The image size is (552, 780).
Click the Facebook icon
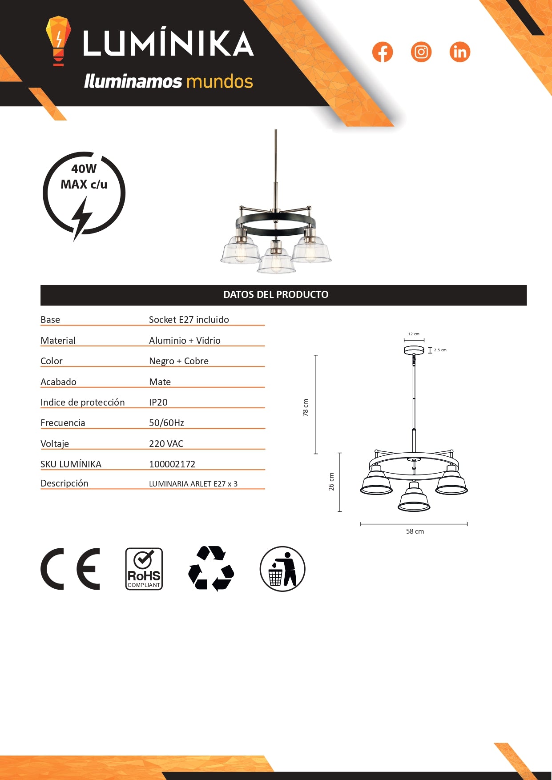pyautogui.click(x=383, y=52)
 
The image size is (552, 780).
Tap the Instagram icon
pyautogui.click(x=421, y=52)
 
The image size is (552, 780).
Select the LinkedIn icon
pyautogui.click(x=459, y=52)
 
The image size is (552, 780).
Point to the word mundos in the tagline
pyautogui.click(x=220, y=82)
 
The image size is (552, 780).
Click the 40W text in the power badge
pyautogui.click(x=84, y=169)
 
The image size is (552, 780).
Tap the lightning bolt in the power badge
pyautogui.click(x=82, y=218)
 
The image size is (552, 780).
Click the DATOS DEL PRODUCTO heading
pyautogui.click(x=276, y=295)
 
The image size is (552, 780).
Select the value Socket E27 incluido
pyautogui.click(x=189, y=320)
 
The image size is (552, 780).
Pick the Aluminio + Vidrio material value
pyautogui.click(x=185, y=341)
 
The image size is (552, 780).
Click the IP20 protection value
pyautogui.click(x=158, y=402)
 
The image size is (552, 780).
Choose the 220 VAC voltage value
pyautogui.click(x=166, y=444)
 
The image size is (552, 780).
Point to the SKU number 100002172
pyautogui.click(x=172, y=464)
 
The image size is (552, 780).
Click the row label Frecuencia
pyautogui.click(x=63, y=423)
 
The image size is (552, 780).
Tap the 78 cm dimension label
pyautogui.click(x=306, y=407)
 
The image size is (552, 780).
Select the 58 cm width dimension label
pyautogui.click(x=415, y=531)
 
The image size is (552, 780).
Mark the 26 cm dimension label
pyautogui.click(x=331, y=482)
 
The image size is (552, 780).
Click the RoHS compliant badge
pyautogui.click(x=144, y=569)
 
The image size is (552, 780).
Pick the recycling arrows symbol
pyautogui.click(x=211, y=569)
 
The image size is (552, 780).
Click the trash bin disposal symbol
pyautogui.click(x=282, y=569)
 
